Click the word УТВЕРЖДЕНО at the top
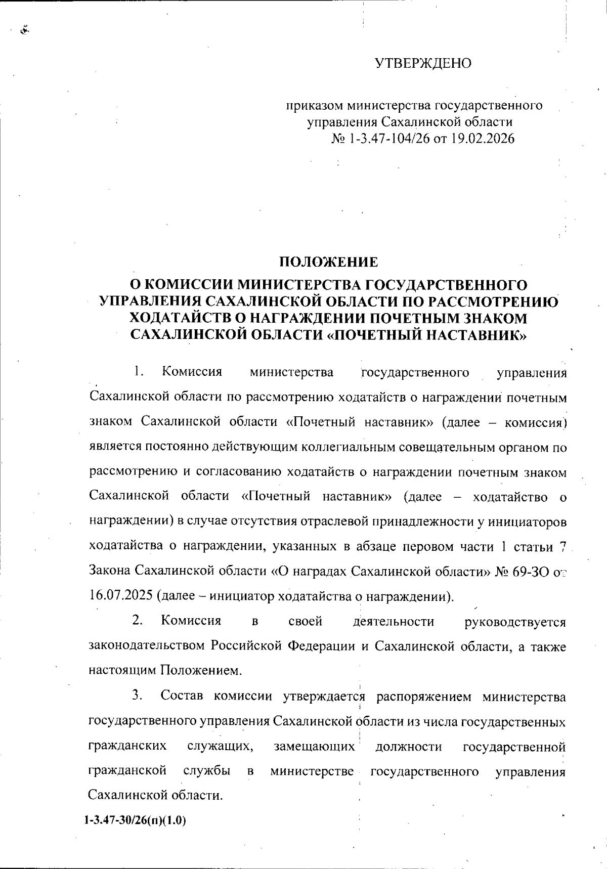tap(423, 63)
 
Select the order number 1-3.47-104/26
tap(389, 139)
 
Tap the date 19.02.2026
tap(483, 139)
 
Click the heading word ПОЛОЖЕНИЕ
tap(329, 262)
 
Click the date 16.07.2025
tap(121, 595)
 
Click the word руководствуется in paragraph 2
tap(515, 622)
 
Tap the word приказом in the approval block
tap(314, 106)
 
